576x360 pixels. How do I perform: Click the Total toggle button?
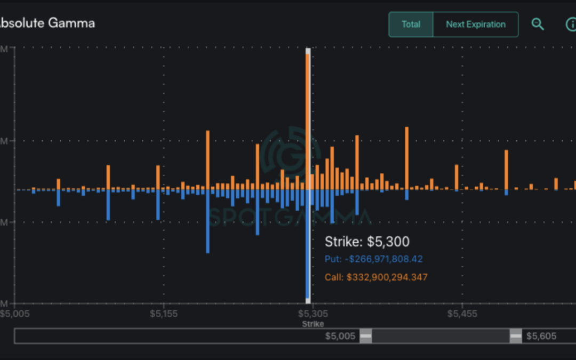click(411, 25)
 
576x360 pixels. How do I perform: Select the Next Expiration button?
click(476, 25)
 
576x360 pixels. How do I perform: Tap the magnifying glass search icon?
click(538, 24)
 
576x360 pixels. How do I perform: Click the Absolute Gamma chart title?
click(47, 23)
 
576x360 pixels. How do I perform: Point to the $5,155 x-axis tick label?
click(164, 313)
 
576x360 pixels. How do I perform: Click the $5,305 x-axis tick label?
click(313, 313)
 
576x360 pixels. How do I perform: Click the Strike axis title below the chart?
click(313, 324)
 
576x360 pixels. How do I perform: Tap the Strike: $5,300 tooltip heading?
click(367, 242)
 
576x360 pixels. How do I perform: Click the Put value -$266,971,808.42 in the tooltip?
click(373, 259)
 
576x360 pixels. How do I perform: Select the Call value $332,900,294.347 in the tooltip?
click(376, 277)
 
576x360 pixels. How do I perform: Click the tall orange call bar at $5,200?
click(208, 160)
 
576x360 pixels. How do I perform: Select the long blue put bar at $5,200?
click(208, 221)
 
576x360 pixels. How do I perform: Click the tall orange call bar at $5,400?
click(407, 158)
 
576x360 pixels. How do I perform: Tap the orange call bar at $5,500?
click(506, 170)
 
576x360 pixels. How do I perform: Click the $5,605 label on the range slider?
click(541, 336)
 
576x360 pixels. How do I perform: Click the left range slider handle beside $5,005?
click(365, 336)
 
